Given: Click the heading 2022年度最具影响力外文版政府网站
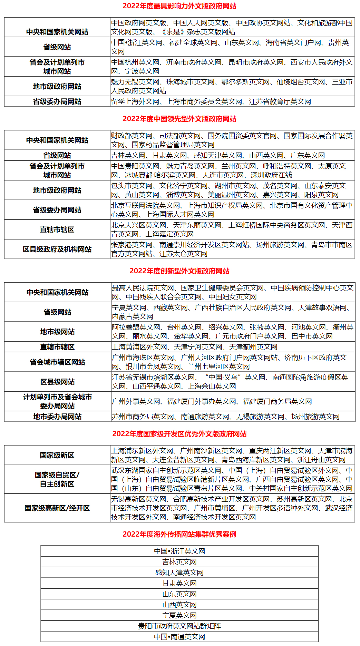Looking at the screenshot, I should [x=179, y=6].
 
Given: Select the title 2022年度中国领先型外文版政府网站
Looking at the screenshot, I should [x=179, y=119].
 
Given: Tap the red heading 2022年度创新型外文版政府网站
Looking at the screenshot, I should [x=179, y=271].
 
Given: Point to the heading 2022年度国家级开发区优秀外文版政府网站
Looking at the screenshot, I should [x=179, y=434].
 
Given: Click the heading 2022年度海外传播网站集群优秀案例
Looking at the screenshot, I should [x=179, y=534].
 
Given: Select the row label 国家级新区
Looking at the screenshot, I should [x=57, y=455].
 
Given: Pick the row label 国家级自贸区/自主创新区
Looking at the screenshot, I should [x=57, y=479].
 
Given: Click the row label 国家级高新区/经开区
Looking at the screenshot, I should [x=57, y=508].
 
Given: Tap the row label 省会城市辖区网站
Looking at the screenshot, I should [x=57, y=362].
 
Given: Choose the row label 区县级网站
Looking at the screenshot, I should [x=57, y=382].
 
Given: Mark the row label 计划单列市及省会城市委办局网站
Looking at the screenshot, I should [x=57, y=401].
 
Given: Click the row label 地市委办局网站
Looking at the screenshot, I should [x=57, y=417].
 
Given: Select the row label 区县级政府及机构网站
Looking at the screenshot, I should [x=57, y=249].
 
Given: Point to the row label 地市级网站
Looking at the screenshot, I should [x=57, y=332].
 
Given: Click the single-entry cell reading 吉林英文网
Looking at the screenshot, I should [x=179, y=562].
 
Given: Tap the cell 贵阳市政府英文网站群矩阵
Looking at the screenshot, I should [x=179, y=626].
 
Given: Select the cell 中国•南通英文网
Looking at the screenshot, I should [x=179, y=637].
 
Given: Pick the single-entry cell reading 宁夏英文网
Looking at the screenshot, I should [x=179, y=615].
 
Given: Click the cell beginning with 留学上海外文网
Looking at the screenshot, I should [x=211, y=101].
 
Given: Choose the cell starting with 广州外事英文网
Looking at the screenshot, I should [x=212, y=401].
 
